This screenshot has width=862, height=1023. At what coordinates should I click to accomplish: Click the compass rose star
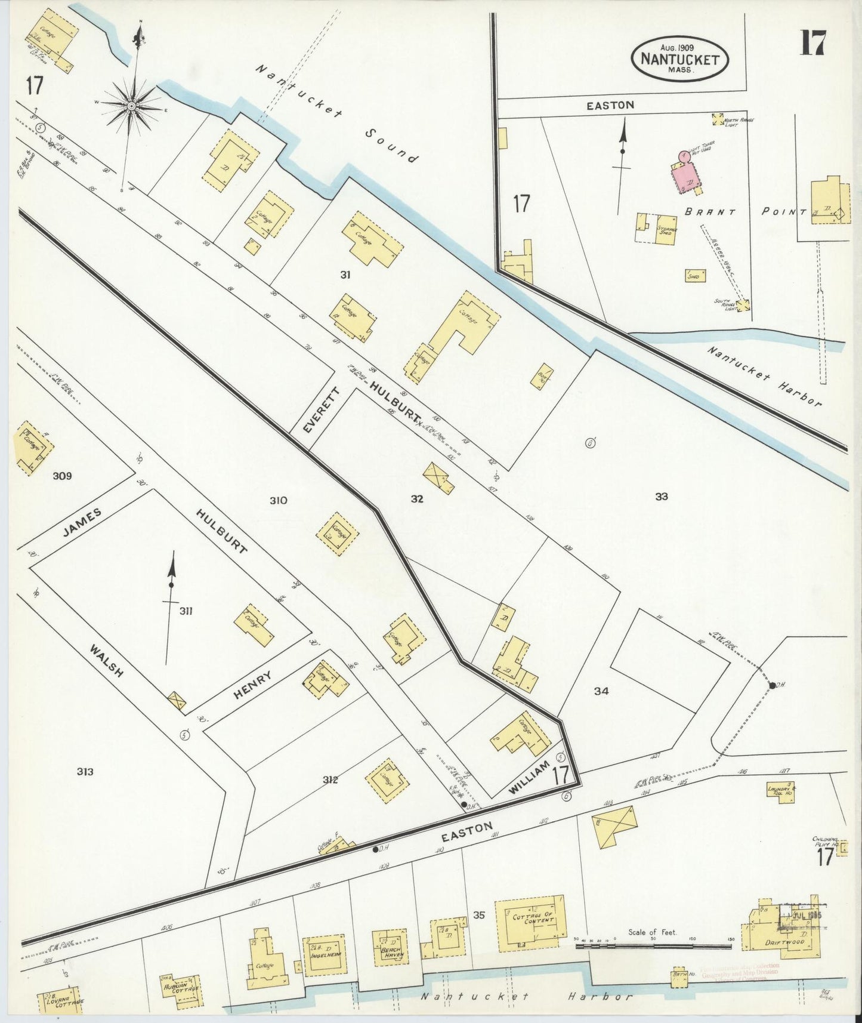(x=131, y=107)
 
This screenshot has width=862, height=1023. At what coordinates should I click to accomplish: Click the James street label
(x=85, y=523)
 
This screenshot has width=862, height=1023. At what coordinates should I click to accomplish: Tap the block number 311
(x=186, y=611)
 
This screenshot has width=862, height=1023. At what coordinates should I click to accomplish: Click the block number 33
(x=661, y=496)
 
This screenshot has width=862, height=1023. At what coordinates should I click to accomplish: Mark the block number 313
(x=85, y=772)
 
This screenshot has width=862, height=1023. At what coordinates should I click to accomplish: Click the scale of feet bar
(x=653, y=945)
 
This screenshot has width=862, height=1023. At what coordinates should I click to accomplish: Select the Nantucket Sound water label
(x=337, y=113)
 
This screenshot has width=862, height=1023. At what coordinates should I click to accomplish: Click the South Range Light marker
(x=743, y=306)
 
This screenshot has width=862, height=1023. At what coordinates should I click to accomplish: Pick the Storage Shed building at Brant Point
(x=665, y=232)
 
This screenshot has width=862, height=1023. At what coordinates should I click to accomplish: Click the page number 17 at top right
(x=812, y=43)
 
